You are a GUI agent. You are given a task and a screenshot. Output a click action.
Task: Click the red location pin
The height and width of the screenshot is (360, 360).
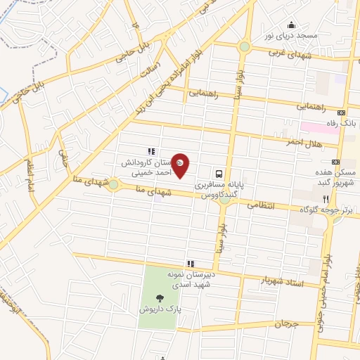[181, 164]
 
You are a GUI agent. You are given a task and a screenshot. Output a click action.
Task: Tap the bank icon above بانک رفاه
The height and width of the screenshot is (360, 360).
[342, 112]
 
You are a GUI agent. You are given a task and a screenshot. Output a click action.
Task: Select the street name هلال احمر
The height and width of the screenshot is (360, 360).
[304, 143]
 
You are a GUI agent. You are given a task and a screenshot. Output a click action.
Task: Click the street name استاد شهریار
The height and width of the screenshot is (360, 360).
[265, 280]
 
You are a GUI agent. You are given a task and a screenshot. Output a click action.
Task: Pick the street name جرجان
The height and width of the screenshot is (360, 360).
[287, 325]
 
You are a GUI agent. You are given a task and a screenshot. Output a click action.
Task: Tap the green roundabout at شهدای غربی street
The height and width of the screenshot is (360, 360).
[244, 47]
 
